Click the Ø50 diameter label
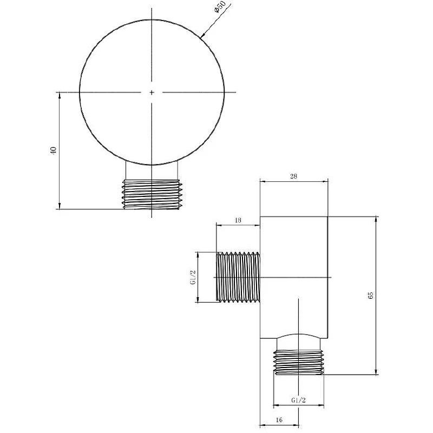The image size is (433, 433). [220, 6]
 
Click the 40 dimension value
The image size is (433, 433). [53, 150]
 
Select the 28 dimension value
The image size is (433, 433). [293, 176]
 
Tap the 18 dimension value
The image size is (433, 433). [238, 220]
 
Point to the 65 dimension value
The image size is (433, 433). [370, 295]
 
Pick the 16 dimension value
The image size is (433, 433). [279, 420]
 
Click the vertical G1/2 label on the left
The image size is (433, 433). [193, 277]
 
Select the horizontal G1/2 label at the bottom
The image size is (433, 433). [299, 400]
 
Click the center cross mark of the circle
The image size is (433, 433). [152, 92]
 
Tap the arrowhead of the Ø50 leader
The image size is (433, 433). [202, 35]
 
